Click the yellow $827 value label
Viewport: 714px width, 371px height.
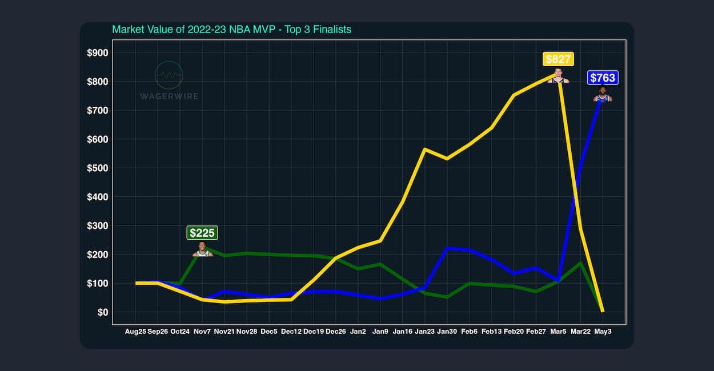pos(558,59)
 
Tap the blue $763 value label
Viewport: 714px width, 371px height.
pos(603,78)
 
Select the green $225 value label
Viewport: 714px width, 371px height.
pos(202,232)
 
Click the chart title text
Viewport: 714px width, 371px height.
pos(231,29)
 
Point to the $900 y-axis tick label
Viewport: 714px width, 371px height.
pos(97,53)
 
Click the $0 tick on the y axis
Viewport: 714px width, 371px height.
pos(102,312)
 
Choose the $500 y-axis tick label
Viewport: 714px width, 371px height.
pos(97,168)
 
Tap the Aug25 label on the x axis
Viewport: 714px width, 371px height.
pos(135,331)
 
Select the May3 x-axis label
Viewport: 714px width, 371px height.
pos(603,331)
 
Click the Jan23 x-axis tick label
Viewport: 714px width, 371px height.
pos(424,331)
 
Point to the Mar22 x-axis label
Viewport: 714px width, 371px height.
pos(581,331)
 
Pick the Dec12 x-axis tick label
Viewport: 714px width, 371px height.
pos(291,331)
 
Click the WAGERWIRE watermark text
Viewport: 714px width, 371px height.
pos(169,96)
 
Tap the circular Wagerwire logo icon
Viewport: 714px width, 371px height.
pos(169,75)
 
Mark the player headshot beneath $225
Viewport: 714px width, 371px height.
pos(202,249)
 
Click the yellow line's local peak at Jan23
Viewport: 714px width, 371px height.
pos(424,149)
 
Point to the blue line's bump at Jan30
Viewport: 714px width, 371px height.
pos(447,248)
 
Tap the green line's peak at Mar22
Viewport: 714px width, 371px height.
pos(580,263)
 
